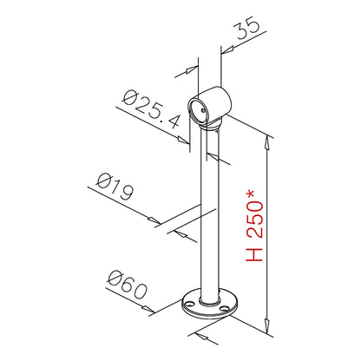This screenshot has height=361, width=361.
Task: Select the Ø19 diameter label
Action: [115, 187]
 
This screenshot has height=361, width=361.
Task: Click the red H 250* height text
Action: [254, 226]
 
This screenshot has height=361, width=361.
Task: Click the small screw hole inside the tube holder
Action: [203, 110]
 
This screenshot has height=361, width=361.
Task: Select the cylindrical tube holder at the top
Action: [210, 106]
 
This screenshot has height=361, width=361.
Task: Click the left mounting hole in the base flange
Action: [189, 304]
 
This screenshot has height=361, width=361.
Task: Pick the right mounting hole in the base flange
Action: [224, 308]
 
